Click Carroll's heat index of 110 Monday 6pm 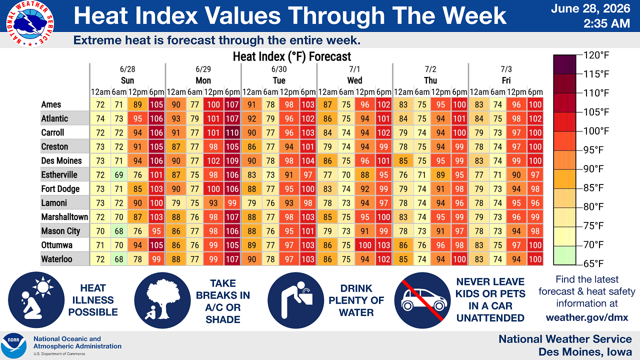[x=232, y=133]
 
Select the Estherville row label [x=59, y=175]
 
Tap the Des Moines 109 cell [x=232, y=161]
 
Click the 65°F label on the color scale [x=593, y=263]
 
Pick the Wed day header [x=354, y=80]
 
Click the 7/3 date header [x=506, y=69]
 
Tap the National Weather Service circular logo [x=30, y=24]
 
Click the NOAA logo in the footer [x=13, y=345]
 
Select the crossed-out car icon [x=422, y=300]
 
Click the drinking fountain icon [x=295, y=300]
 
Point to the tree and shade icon [x=162, y=300]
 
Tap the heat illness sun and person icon [x=36, y=300]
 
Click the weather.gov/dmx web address [x=587, y=317]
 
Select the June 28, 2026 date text [x=590, y=8]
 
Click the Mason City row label [x=60, y=231]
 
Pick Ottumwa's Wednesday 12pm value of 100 [x=365, y=245]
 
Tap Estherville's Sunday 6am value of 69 [x=119, y=175]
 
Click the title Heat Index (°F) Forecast [x=291, y=56]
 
